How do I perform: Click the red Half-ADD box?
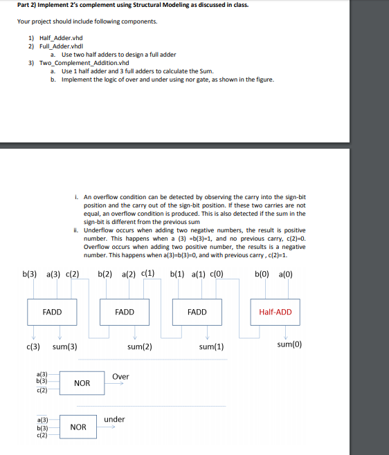click(x=275, y=312)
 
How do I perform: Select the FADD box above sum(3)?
click(x=52, y=312)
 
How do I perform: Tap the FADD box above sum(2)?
click(x=125, y=312)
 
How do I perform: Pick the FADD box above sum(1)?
click(x=197, y=312)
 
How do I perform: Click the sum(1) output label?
click(x=211, y=346)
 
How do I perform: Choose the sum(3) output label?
click(x=64, y=346)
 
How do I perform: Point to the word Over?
click(x=120, y=377)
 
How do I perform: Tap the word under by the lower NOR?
click(x=114, y=419)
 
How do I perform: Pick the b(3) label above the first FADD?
click(x=30, y=274)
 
